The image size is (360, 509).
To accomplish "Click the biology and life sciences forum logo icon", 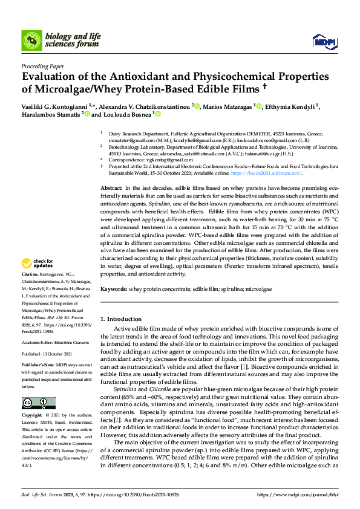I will click(x=31, y=41).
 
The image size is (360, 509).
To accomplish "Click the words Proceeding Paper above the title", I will click(x=42, y=66).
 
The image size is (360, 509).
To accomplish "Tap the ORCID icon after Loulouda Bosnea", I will click(x=157, y=114).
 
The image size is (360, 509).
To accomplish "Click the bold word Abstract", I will click(x=111, y=189).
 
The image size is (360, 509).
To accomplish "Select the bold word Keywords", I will click(x=113, y=290).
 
